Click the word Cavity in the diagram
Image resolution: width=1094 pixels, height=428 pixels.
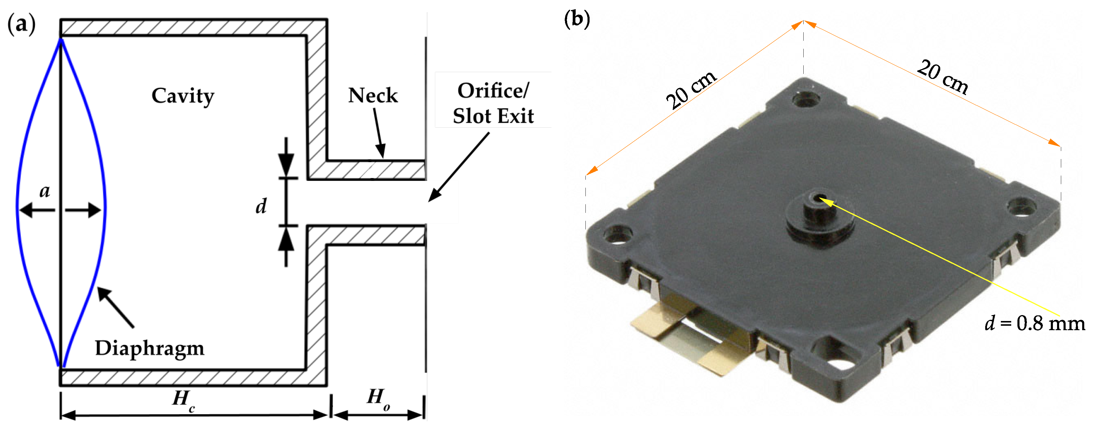(183, 96)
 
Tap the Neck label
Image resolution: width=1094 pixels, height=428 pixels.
(373, 95)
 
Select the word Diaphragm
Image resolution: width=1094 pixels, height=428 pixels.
(150, 348)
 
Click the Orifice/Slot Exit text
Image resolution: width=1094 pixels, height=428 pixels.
(493, 103)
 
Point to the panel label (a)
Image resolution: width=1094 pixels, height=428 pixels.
(21, 24)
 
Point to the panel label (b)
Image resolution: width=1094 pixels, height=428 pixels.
(577, 19)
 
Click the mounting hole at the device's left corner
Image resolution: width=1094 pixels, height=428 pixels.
(617, 235)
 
